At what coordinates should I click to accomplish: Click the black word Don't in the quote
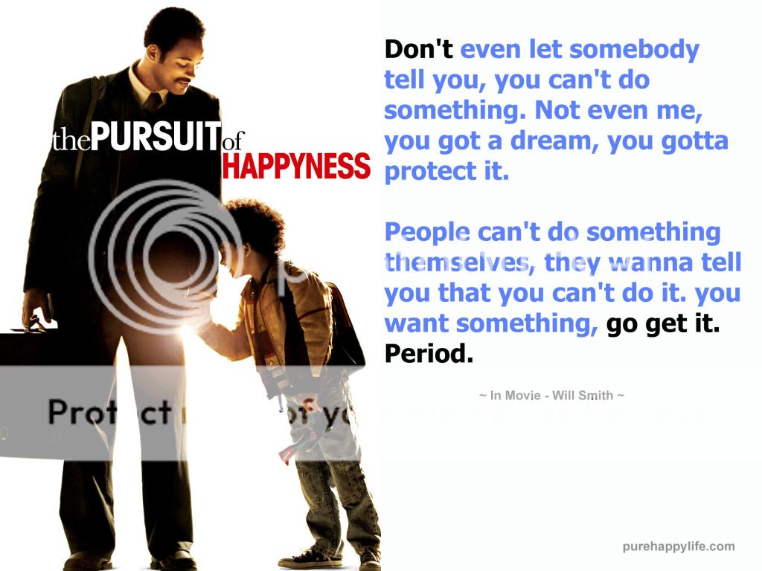pos(418,51)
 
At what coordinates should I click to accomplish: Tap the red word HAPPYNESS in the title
pos(295,166)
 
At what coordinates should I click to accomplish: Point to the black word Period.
pos(429,355)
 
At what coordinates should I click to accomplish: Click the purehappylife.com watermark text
pos(678,546)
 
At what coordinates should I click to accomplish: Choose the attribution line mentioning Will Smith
pos(551,396)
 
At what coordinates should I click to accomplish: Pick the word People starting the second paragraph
pos(425,233)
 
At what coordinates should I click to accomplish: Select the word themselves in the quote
pos(458,263)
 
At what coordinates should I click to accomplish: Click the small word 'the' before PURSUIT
pos(71,141)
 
